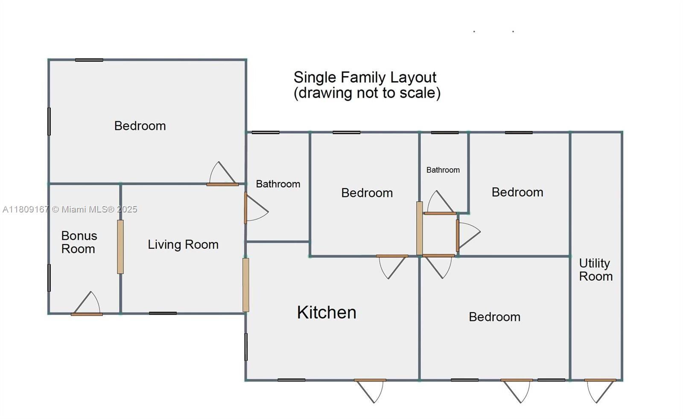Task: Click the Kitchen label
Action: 327,312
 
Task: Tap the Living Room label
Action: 183,244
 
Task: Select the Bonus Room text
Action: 79,242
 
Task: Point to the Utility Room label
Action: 595,270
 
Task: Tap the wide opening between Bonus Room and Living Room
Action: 120,247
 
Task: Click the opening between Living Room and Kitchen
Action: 246,285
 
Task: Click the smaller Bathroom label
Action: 443,170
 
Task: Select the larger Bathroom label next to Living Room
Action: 278,184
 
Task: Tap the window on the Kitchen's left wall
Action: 246,347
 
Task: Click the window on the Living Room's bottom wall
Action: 163,313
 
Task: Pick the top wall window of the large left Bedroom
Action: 89,60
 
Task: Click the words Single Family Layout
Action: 365,77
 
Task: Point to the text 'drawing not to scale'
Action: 367,93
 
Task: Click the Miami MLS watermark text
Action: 70,209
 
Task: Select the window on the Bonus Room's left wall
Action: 49,278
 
